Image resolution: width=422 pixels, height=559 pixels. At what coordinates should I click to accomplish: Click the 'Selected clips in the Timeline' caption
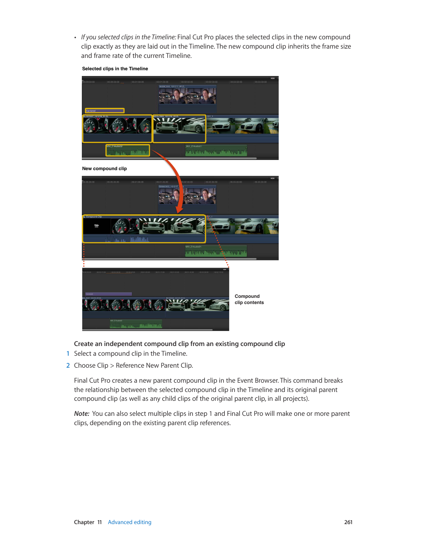[115, 69]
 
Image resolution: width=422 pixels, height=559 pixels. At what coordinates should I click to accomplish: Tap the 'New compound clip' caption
[104, 169]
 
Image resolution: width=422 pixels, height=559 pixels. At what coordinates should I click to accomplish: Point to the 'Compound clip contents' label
[249, 300]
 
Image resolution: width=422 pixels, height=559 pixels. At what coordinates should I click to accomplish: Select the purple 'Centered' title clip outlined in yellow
[104, 111]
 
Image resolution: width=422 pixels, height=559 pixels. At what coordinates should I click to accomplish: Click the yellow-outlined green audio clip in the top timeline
[127, 151]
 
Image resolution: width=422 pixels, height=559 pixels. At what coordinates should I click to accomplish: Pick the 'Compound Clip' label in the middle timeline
[94, 217]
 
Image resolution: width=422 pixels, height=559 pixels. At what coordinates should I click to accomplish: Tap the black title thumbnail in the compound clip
[96, 226]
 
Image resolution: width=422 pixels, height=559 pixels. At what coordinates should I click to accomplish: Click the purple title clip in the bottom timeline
[108, 294]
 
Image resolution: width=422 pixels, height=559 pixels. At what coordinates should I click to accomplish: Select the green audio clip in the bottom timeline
[136, 324]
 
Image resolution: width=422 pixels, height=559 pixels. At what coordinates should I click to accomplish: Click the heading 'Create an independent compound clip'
[179, 344]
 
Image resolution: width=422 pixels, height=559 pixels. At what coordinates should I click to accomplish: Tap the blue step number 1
[68, 354]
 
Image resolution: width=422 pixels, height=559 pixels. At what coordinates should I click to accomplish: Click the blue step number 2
[68, 365]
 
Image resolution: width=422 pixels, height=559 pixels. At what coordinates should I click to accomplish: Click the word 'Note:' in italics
[81, 414]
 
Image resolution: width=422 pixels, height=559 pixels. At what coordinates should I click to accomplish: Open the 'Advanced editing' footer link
[130, 522]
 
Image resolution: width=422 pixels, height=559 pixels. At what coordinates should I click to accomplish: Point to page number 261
[348, 522]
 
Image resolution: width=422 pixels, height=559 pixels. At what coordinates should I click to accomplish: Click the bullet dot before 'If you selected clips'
[75, 38]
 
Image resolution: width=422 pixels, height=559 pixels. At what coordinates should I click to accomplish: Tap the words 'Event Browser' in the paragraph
[257, 380]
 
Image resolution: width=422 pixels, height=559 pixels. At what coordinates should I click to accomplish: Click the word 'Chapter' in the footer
[84, 522]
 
